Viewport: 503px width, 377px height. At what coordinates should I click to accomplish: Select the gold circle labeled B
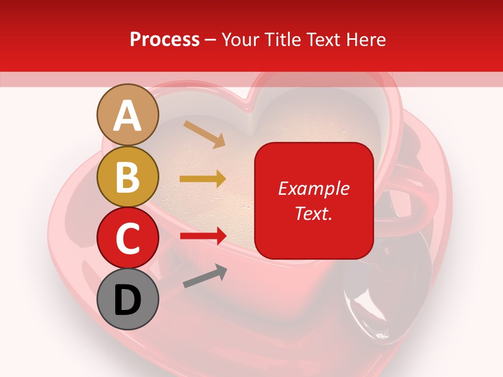[x=128, y=177]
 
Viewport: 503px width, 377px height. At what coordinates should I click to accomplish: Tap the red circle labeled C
[x=128, y=238]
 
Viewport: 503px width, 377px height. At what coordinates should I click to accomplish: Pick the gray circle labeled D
[x=128, y=299]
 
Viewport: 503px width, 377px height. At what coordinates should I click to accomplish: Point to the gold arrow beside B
[x=203, y=179]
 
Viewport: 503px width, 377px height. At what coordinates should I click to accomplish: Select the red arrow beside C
[x=203, y=236]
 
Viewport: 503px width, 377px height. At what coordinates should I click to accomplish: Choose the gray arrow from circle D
[x=205, y=276]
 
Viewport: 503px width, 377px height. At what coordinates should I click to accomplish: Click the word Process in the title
[x=165, y=39]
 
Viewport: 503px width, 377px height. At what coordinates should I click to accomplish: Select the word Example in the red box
[x=313, y=188]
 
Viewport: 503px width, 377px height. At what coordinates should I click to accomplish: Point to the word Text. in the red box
[x=313, y=213]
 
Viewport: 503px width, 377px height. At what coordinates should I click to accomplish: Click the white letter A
[x=128, y=116]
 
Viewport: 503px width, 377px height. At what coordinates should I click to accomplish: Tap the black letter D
[x=128, y=301]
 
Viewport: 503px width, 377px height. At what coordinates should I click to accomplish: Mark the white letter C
[x=128, y=239]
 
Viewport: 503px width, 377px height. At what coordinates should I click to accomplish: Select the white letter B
[x=128, y=178]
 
